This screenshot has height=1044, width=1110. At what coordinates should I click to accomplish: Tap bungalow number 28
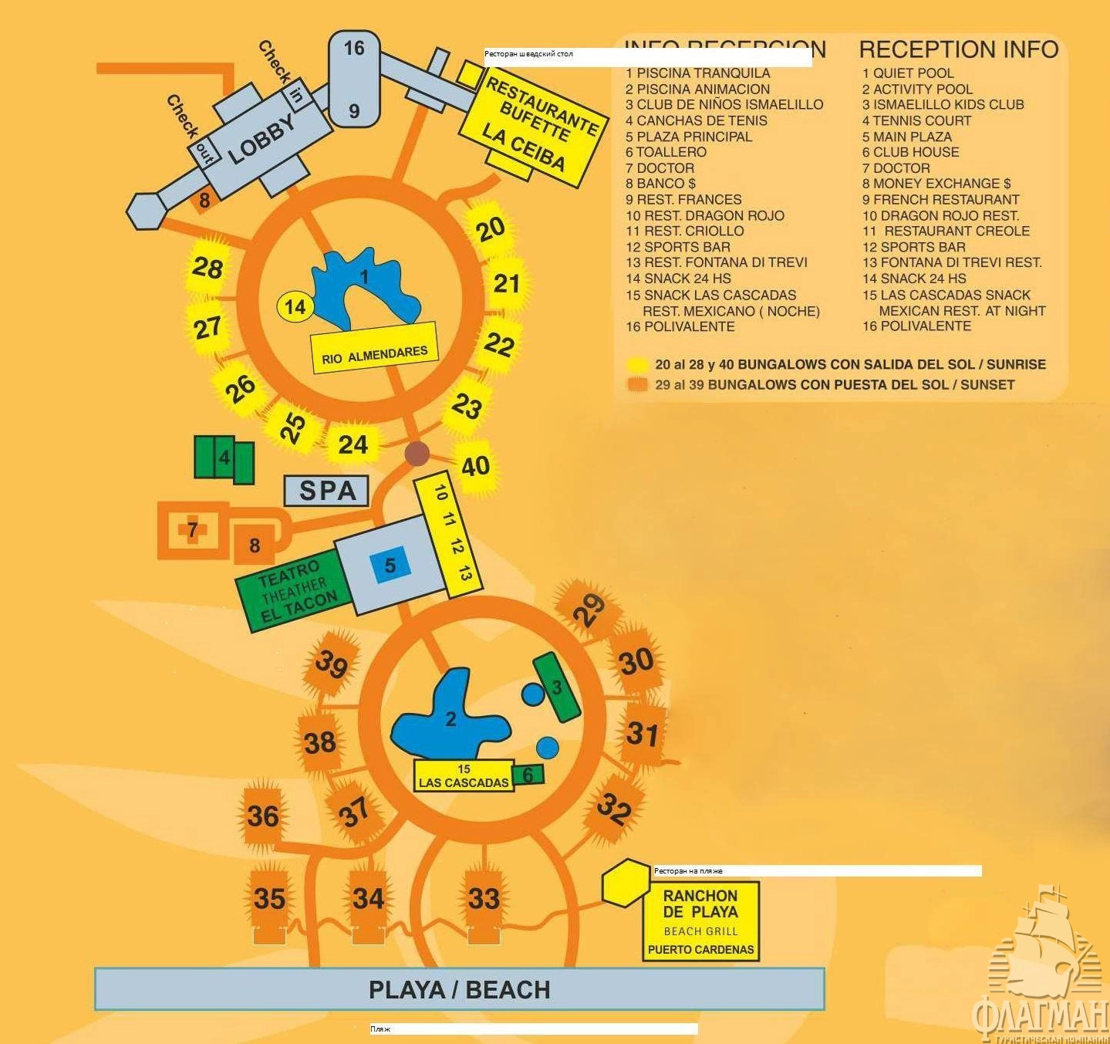(x=207, y=268)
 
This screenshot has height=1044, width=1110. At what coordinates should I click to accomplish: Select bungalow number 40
(x=475, y=466)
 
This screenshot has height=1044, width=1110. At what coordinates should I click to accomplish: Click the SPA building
(x=327, y=490)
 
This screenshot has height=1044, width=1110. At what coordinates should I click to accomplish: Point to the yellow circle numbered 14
(x=295, y=307)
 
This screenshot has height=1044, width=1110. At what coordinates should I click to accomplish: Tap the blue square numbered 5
(x=390, y=566)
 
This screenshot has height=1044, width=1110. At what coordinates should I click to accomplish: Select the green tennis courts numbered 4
(x=224, y=458)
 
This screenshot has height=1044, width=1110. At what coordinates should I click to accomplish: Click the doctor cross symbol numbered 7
(x=191, y=530)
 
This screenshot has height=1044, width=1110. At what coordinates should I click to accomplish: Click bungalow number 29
(x=589, y=610)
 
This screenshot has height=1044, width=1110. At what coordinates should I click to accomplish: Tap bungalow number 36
(x=262, y=816)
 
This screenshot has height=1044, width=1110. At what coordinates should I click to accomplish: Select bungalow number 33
(x=484, y=898)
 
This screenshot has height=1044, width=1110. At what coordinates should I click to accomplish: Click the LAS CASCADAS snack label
(x=464, y=776)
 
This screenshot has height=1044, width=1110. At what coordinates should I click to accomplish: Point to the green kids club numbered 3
(x=556, y=687)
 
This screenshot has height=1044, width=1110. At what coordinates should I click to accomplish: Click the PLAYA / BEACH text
(x=459, y=989)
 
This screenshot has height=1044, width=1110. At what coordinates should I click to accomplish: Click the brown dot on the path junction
(x=417, y=453)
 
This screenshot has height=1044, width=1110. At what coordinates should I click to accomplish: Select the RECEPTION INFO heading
(x=958, y=50)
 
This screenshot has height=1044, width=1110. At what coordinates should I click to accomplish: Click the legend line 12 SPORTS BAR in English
(x=914, y=247)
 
